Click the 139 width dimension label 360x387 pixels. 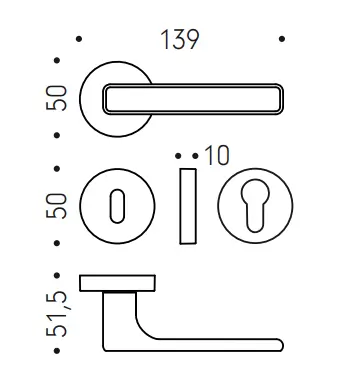coord(180,39)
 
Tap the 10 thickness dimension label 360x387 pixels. coord(217,155)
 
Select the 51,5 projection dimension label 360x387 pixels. coord(57,313)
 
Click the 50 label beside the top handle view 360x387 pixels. coord(57,98)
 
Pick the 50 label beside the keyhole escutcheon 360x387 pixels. coord(57,206)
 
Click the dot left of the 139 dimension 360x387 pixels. coord(79,39)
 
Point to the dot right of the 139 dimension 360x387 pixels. coord(282,39)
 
